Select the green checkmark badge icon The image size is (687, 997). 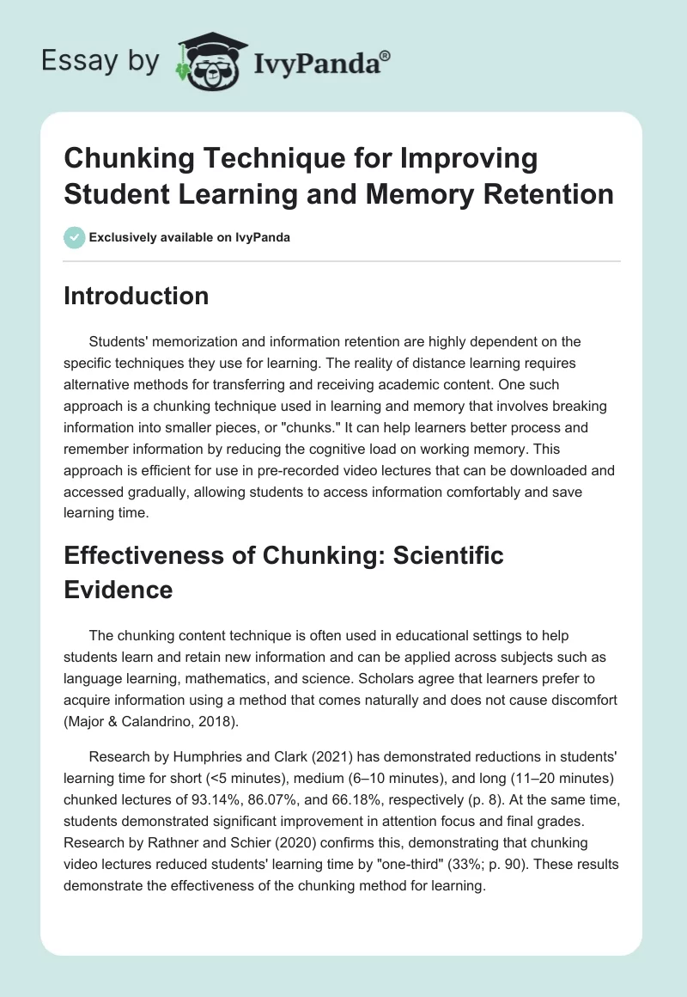click(x=75, y=237)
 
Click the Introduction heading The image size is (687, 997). click(x=137, y=296)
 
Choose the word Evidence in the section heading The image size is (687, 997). click(x=119, y=590)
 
